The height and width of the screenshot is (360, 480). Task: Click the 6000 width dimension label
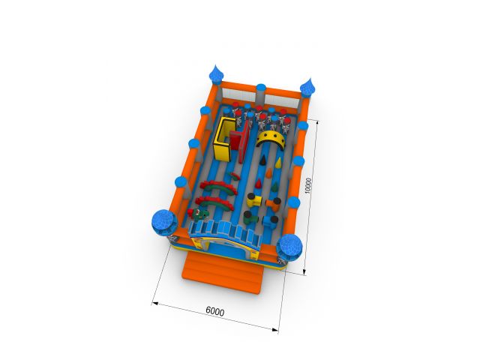tap(215, 311)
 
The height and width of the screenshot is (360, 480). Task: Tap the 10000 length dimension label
tap(308, 185)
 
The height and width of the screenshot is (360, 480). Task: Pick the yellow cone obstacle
tap(278, 163)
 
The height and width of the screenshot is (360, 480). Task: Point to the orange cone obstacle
tap(268, 173)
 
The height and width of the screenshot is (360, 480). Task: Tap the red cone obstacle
tap(259, 184)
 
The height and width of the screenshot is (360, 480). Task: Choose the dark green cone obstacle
tap(275, 186)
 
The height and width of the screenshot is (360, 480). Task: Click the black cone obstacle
tap(263, 160)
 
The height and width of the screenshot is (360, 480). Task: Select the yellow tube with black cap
tap(254, 200)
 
